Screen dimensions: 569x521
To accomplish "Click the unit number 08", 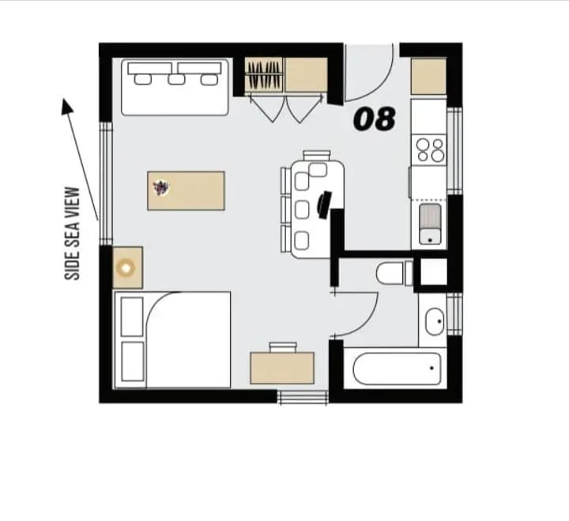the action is [x=374, y=119].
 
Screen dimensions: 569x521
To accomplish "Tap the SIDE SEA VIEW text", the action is [x=72, y=233].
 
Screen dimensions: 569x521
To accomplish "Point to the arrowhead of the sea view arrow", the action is [x=66, y=106].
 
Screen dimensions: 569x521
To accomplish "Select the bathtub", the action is [x=397, y=368].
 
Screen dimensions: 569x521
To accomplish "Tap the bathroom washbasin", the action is [x=435, y=322].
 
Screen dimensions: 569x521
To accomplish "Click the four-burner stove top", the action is [x=430, y=150].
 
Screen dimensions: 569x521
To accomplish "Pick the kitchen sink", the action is [x=430, y=224].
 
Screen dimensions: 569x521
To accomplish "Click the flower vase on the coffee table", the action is [x=160, y=187].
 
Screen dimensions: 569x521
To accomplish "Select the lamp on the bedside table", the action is [x=126, y=268].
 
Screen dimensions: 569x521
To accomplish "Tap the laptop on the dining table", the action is [x=324, y=205].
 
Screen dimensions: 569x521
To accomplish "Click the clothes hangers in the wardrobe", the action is [x=263, y=75].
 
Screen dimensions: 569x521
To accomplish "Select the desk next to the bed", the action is [x=282, y=368].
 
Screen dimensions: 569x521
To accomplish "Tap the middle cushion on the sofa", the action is [x=176, y=80].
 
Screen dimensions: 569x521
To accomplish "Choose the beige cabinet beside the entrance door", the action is [x=428, y=77].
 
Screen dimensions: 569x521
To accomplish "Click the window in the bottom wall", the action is [x=303, y=398].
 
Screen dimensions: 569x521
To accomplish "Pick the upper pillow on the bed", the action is [x=132, y=317].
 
